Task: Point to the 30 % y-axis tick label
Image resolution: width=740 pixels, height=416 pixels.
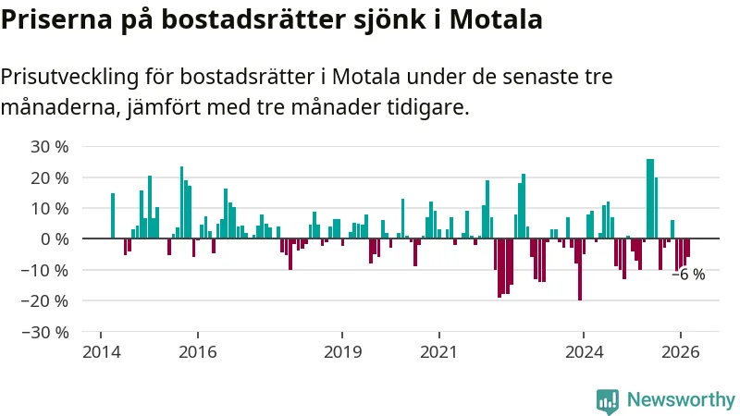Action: [x=50, y=146]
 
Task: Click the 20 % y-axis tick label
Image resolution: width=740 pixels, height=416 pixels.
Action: [x=50, y=177]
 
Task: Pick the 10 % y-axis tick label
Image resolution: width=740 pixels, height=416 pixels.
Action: [x=50, y=208]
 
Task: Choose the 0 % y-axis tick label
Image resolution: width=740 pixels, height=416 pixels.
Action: [x=55, y=239]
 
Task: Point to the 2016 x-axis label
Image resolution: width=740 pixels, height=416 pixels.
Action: [x=197, y=352]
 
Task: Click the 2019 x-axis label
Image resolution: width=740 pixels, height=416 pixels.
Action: [x=342, y=352]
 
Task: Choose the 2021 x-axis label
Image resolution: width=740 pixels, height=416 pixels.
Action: [x=438, y=352]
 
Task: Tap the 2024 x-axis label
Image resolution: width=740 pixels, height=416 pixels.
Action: [x=584, y=352]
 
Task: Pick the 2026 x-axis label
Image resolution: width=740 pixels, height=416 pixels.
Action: [x=681, y=352]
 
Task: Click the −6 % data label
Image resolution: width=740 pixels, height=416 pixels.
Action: [x=688, y=275]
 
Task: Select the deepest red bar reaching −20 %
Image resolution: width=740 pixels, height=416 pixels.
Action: [x=580, y=270]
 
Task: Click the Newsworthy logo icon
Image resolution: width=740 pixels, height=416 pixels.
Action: [x=608, y=399]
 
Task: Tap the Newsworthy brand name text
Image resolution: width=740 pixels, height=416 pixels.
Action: [x=681, y=399]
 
